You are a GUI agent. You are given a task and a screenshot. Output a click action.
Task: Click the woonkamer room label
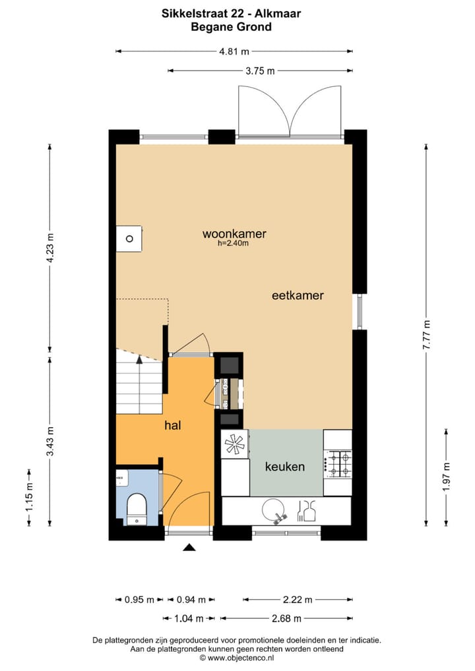click(x=234, y=233)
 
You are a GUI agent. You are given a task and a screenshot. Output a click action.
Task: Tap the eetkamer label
click(x=298, y=295)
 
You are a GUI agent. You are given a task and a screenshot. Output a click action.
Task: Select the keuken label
click(x=284, y=467)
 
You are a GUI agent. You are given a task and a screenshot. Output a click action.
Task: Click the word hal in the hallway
click(x=173, y=426)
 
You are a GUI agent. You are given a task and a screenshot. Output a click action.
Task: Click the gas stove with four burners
click(x=340, y=463)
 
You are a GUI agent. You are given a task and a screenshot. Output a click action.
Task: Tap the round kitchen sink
click(x=273, y=510)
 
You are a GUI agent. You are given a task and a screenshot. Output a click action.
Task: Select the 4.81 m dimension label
click(x=234, y=51)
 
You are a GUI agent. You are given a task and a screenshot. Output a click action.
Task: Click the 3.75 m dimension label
click(x=261, y=71)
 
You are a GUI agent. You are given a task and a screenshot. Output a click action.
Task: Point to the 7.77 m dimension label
click(x=427, y=333)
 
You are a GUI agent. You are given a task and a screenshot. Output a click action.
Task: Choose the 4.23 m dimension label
click(x=50, y=248)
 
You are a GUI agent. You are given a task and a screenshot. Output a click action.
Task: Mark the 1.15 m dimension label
click(x=30, y=497)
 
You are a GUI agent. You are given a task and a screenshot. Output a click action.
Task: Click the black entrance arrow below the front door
click(x=189, y=547)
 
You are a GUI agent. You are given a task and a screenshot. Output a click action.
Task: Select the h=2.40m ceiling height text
click(x=233, y=243)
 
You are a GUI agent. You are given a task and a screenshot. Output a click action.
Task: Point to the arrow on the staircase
click(x=139, y=359)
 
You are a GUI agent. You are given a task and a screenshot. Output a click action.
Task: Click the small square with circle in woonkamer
click(x=129, y=238)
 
